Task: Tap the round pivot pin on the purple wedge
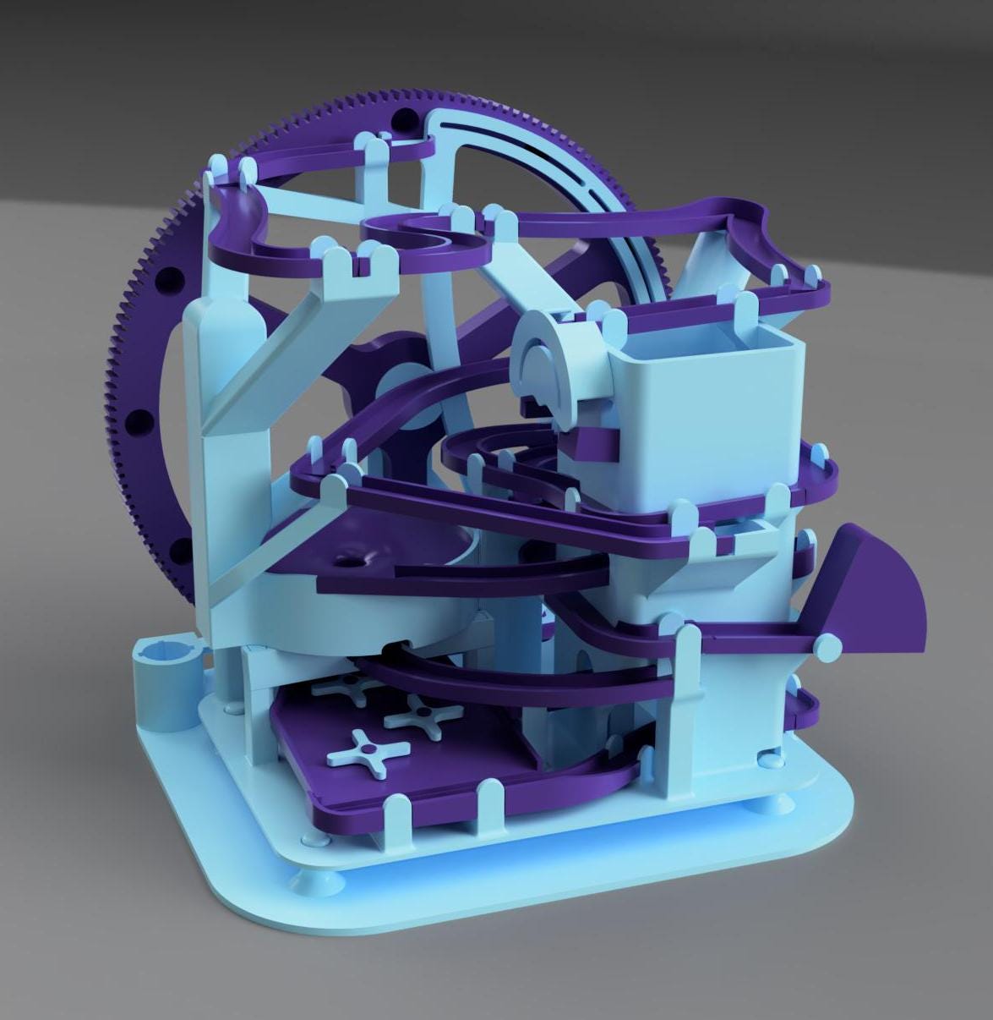pyautogui.click(x=830, y=647)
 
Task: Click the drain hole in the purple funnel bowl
pyautogui.click(x=349, y=560)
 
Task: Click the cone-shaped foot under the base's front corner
pyautogui.click(x=325, y=884)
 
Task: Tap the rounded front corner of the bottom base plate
pyautogui.click(x=245, y=909)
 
